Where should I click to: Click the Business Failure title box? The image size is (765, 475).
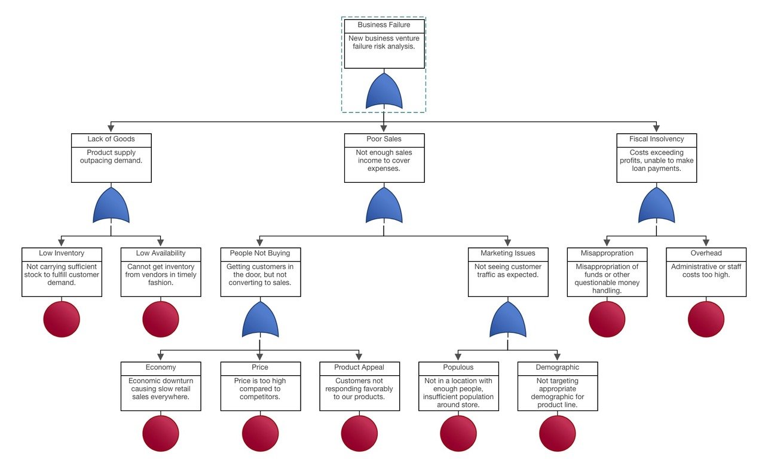(x=384, y=25)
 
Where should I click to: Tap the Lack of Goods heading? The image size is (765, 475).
(x=111, y=139)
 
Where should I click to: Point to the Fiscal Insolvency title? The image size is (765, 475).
(x=656, y=139)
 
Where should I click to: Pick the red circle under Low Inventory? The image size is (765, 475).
(x=62, y=319)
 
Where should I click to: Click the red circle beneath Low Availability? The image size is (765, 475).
(x=161, y=319)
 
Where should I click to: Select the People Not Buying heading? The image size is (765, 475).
(x=260, y=253)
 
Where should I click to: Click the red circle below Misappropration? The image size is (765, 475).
(x=607, y=319)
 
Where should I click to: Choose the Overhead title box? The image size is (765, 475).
(x=706, y=253)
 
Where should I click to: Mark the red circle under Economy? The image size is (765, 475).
(x=161, y=433)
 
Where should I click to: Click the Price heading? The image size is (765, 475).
(x=260, y=367)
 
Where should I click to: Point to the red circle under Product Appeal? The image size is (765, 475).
(x=359, y=433)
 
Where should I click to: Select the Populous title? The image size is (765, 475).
(x=458, y=367)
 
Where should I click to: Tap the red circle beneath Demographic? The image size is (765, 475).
(x=558, y=433)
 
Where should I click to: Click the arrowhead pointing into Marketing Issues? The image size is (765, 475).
(x=508, y=243)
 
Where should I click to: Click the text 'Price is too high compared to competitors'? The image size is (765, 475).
(x=260, y=388)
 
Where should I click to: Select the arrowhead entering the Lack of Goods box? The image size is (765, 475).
(x=111, y=129)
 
